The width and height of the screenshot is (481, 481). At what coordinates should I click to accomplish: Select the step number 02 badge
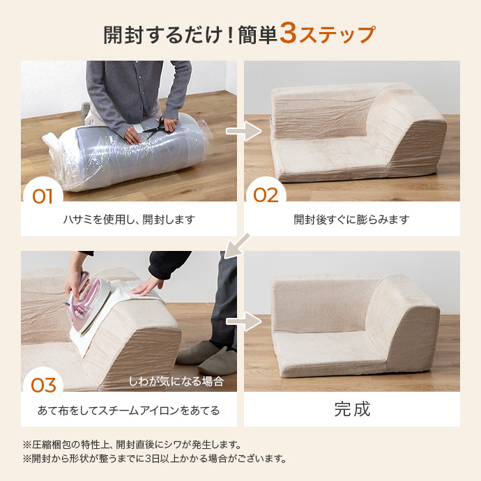pos(266,195)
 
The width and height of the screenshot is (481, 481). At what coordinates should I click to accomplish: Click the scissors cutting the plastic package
pos(162,126)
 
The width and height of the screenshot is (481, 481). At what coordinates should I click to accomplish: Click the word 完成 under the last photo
pos(352,409)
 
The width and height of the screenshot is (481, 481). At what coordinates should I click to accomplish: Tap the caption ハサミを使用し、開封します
pos(129,220)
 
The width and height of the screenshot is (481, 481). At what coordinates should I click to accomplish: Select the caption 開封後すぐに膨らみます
pos(351,220)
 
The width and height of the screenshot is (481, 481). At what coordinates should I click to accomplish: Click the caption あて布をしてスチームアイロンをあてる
pos(129,411)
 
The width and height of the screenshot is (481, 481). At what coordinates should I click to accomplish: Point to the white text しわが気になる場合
pos(176,381)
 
